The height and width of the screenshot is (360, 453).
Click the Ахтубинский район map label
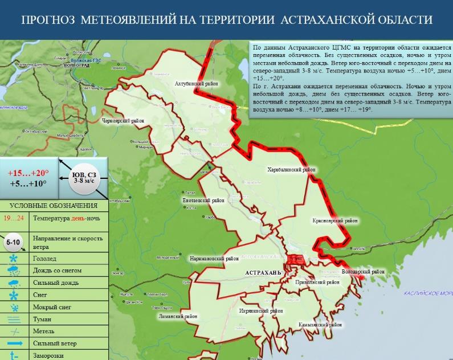click(197, 83)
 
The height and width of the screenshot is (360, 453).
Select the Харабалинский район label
click(291, 169)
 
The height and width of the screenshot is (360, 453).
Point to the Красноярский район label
click(335, 220)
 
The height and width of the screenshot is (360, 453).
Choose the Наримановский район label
click(214, 258)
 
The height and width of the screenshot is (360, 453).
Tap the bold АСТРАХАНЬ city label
click(263, 273)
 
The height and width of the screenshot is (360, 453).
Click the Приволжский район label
click(318, 282)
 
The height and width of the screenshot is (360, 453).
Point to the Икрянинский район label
click(262, 311)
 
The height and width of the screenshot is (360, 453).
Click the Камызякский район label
click(321, 325)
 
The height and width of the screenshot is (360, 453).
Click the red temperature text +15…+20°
click(28, 172)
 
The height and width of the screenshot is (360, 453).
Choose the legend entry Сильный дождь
click(56, 282)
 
